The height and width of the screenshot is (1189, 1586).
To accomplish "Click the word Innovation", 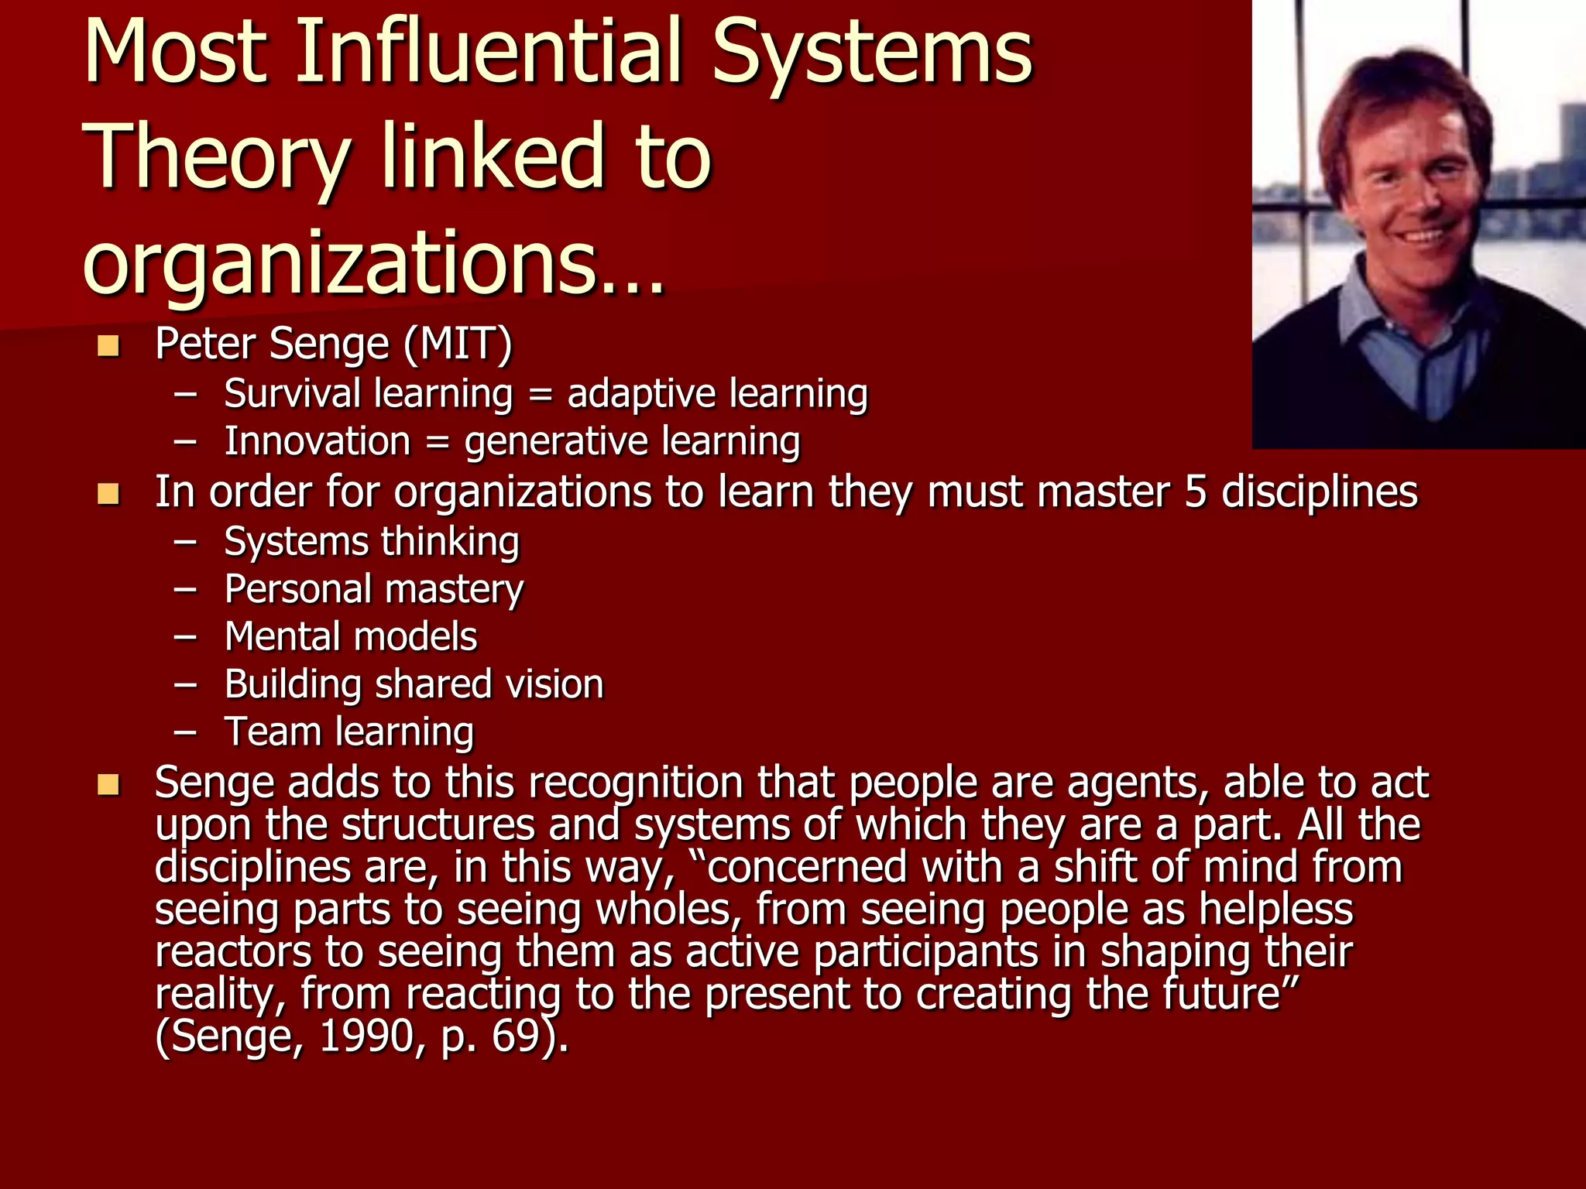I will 318,441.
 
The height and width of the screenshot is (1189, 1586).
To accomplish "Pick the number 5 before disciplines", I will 1195,492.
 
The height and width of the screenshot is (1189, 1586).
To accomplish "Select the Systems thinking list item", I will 372,541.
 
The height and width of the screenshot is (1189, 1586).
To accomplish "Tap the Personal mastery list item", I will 374,589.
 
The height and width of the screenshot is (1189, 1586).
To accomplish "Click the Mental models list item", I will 351,636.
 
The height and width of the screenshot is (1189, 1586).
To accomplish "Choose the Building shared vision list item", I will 414,684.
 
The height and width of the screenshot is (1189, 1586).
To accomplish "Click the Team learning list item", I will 349,732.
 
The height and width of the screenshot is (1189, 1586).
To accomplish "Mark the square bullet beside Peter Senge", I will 108,345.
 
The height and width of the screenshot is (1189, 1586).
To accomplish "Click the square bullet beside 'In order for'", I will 108,494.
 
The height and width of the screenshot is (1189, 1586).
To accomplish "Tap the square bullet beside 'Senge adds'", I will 108,785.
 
